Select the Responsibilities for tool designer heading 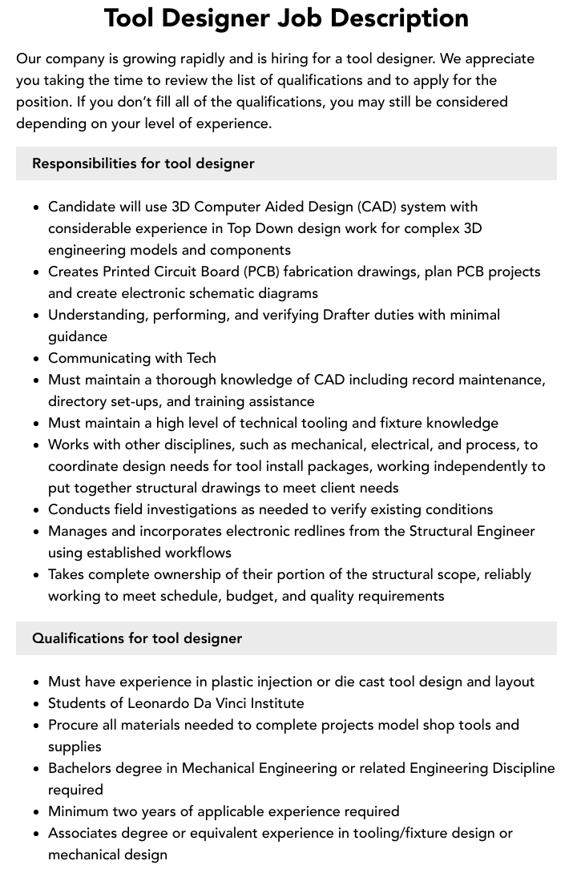143,163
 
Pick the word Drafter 347,315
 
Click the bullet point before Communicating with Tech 37,359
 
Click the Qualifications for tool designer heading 137,638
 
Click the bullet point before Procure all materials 37,726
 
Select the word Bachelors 80,768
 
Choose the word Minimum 79,811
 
